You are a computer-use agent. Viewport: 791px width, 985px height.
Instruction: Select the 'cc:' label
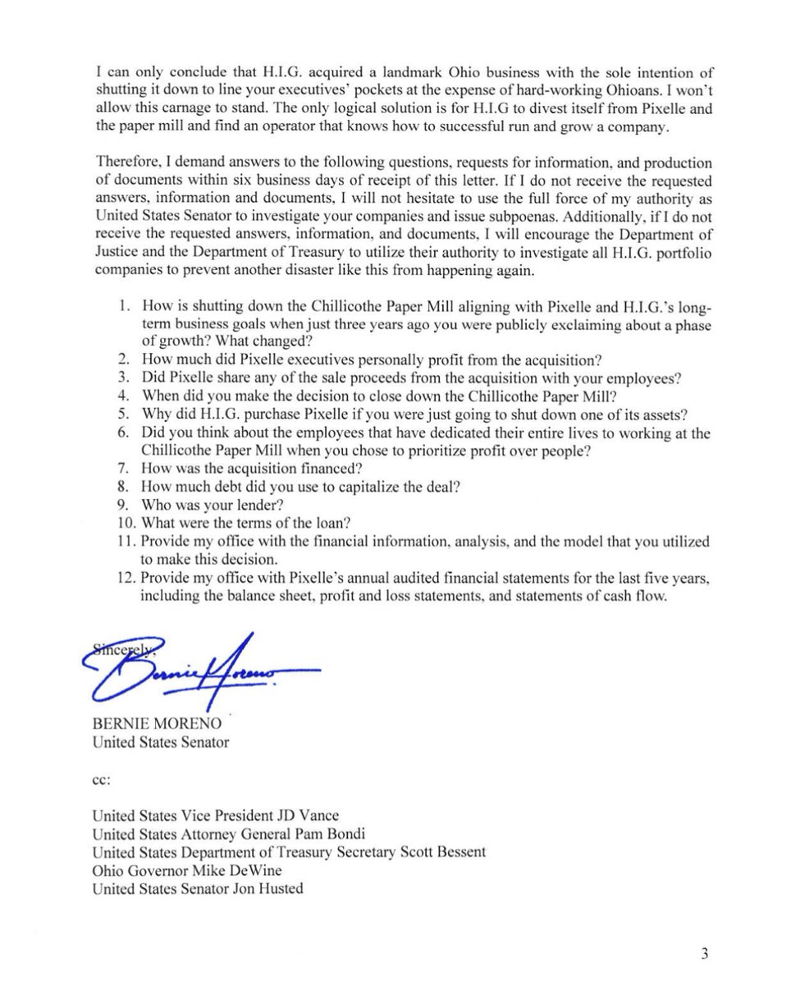tap(101, 782)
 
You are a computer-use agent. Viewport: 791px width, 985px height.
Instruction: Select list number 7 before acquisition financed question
tap(125, 467)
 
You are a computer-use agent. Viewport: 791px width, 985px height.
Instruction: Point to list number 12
tap(125, 579)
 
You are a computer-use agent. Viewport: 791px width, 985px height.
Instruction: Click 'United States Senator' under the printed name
tap(161, 744)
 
